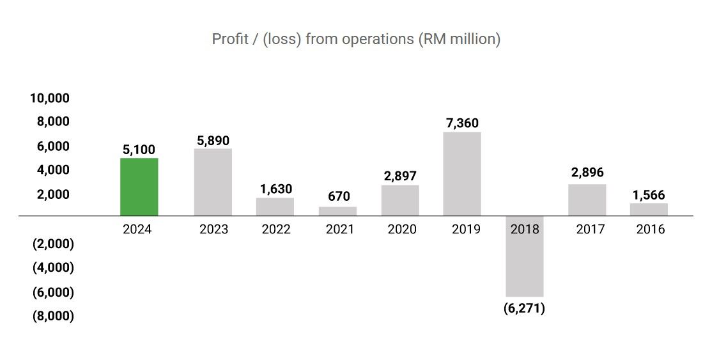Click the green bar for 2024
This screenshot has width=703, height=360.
139,187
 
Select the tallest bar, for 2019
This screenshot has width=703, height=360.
462,174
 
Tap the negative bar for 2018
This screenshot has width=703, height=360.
524,256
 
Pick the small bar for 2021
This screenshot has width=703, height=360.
337,211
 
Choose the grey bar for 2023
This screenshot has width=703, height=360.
213,182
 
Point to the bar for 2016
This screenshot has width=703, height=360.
649,210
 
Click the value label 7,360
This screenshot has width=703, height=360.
462,123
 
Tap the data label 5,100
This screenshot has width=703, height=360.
139,150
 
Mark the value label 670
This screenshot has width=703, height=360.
337,197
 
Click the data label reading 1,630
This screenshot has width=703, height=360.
275,189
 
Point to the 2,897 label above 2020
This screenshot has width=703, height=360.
400,176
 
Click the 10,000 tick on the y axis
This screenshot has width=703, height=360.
49,98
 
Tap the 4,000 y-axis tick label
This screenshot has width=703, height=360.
53,170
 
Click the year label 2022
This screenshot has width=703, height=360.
275,230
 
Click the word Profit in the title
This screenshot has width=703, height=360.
227,39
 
